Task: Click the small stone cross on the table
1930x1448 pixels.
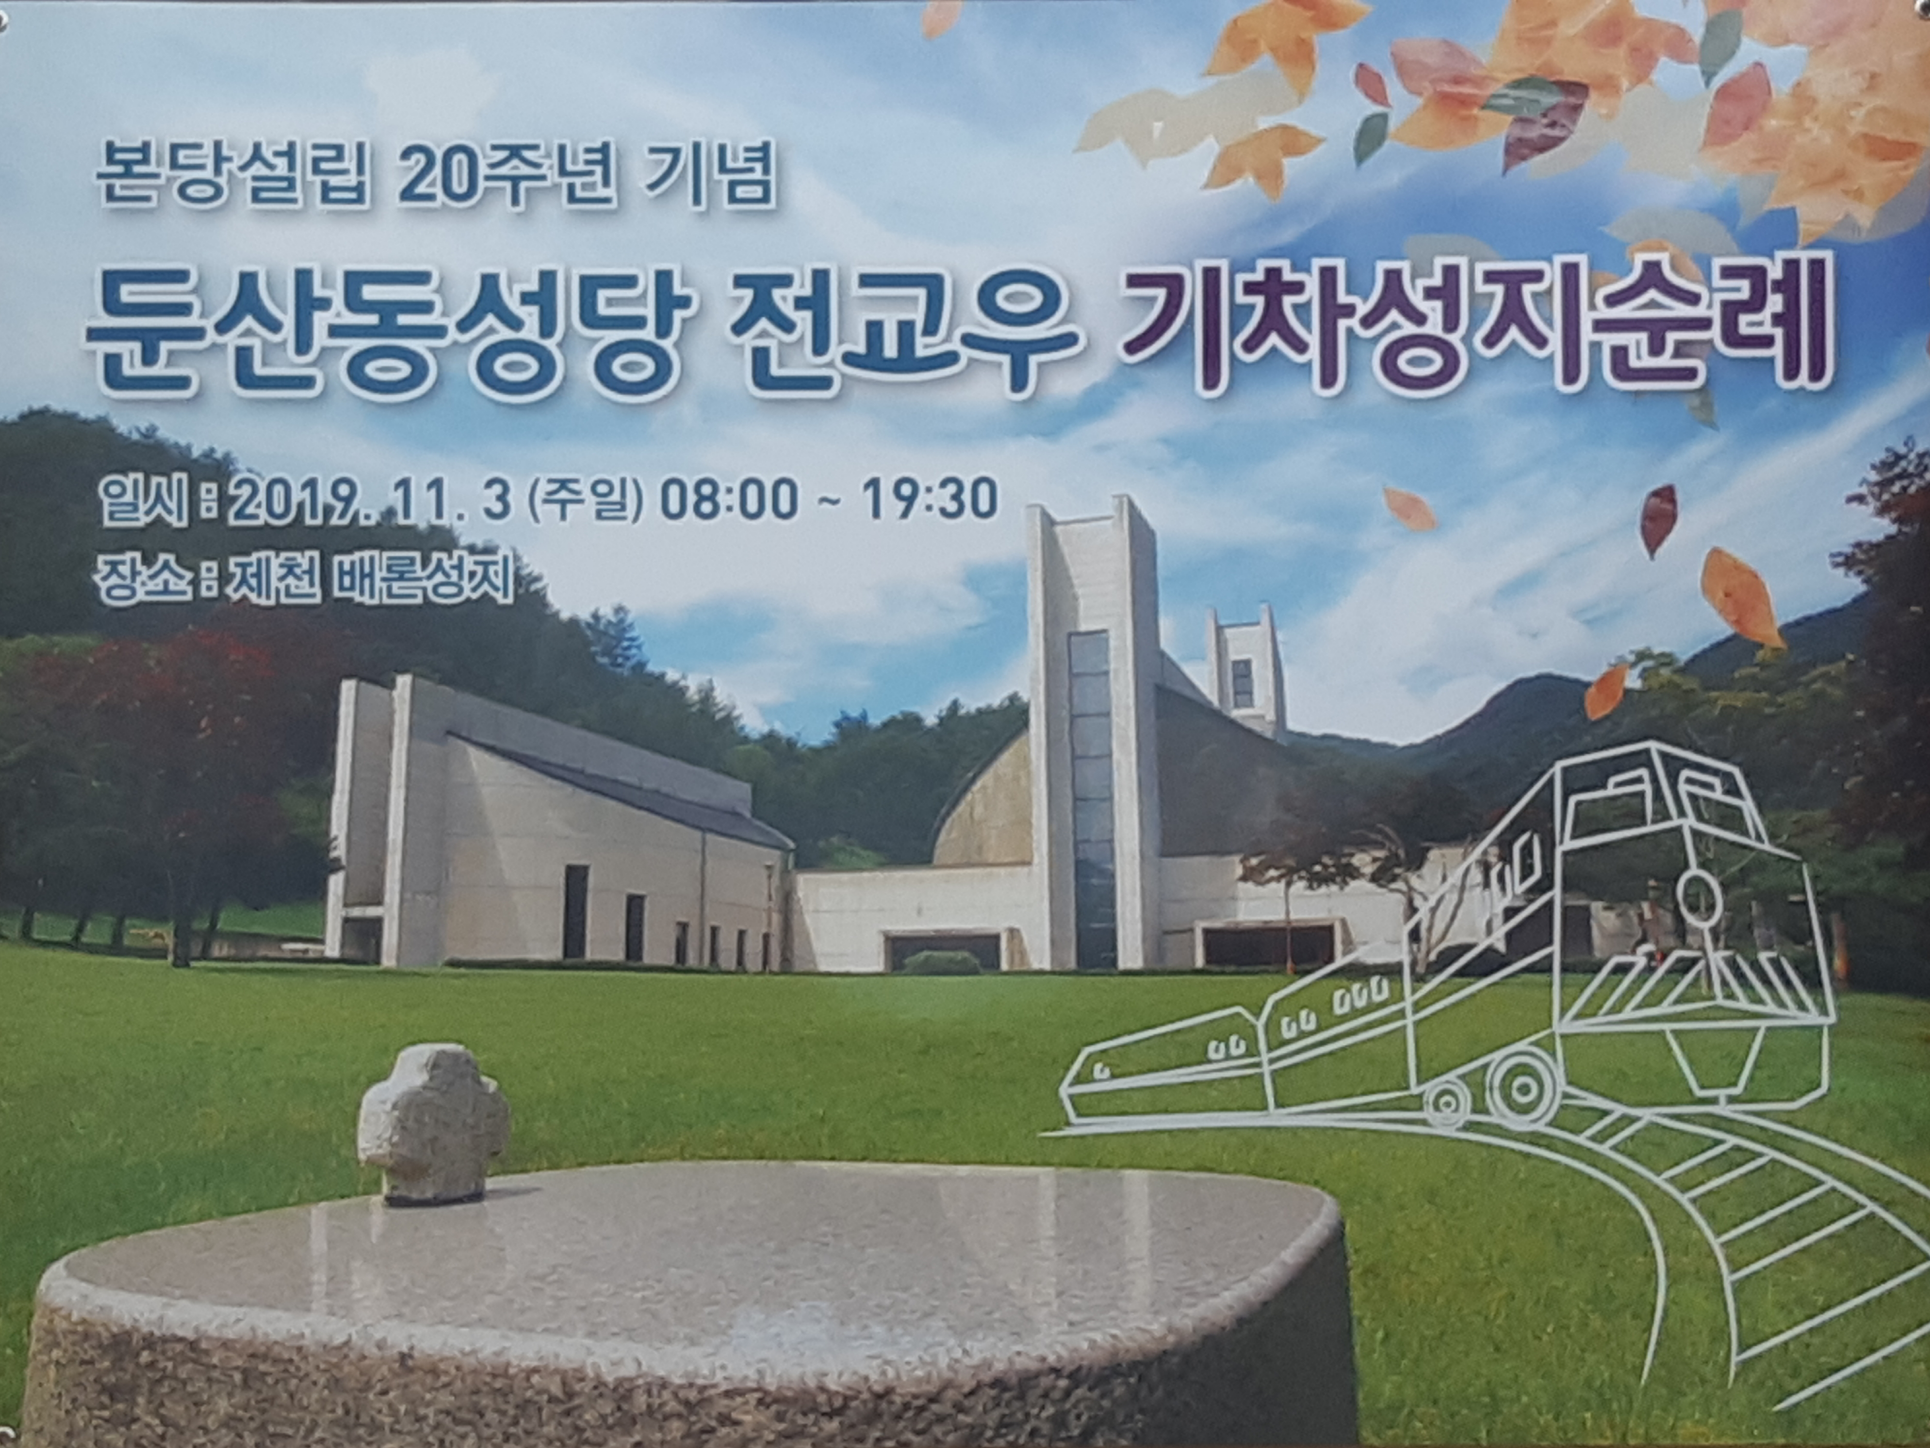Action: [433, 1122]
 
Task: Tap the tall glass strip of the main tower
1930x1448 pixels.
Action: [1092, 799]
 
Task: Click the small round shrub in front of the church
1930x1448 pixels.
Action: [942, 963]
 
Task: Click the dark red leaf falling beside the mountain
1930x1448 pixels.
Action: [1659, 520]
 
